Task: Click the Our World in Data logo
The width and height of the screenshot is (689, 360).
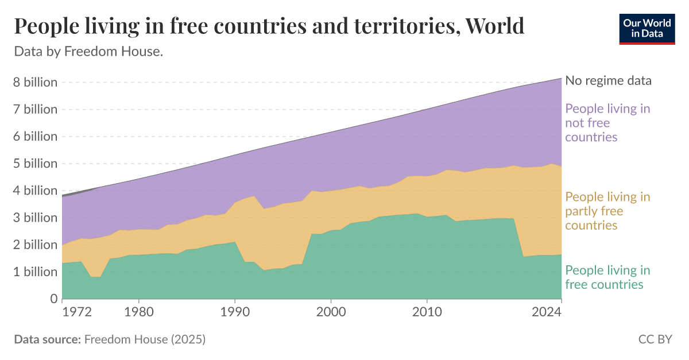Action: click(x=647, y=28)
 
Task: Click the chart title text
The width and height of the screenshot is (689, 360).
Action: click(x=269, y=26)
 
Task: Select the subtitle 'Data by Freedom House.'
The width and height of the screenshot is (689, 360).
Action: click(x=88, y=52)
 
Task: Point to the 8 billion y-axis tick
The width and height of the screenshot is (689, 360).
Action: click(x=36, y=82)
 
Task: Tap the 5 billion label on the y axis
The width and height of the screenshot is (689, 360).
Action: click(x=36, y=164)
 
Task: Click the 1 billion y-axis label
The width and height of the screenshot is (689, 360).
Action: click(x=36, y=272)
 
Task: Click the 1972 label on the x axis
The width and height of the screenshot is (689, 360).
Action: click(x=77, y=313)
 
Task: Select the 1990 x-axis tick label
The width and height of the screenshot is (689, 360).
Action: click(x=235, y=313)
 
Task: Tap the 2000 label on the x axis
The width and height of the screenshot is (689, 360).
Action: click(x=330, y=313)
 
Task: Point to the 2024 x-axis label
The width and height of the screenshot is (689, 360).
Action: click(x=546, y=313)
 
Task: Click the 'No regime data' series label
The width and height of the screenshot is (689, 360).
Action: click(x=608, y=80)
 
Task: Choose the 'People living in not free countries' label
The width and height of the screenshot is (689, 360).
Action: click(x=607, y=123)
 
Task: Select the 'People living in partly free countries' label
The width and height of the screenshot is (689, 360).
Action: click(x=607, y=211)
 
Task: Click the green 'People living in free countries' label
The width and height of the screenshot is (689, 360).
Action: click(x=607, y=277)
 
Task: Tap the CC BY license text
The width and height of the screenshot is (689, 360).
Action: click(x=655, y=339)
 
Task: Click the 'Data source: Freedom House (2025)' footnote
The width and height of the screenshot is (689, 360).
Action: click(x=110, y=339)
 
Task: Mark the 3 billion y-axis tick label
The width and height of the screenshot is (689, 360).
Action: click(x=36, y=218)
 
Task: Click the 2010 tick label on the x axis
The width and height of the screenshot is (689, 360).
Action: click(x=426, y=313)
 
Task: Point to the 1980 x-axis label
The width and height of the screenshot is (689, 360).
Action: click(x=139, y=313)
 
